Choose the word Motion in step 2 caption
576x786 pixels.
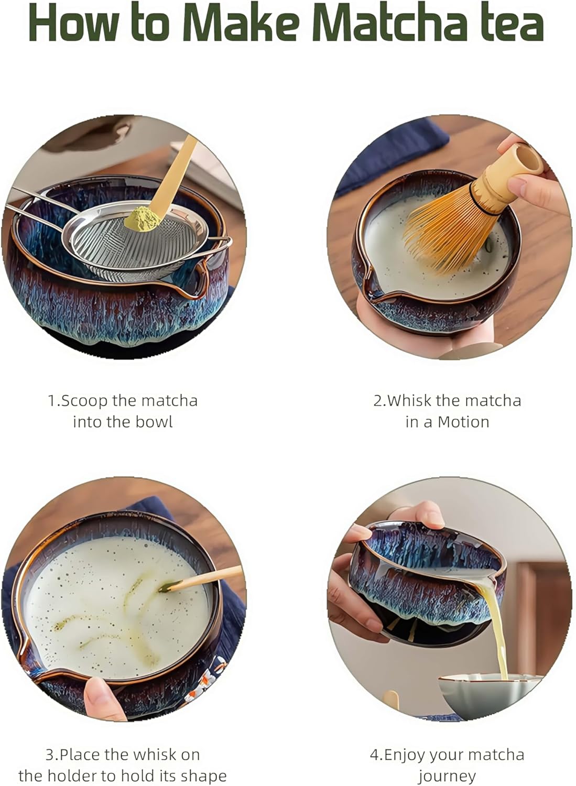463,422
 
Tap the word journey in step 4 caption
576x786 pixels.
447,776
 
